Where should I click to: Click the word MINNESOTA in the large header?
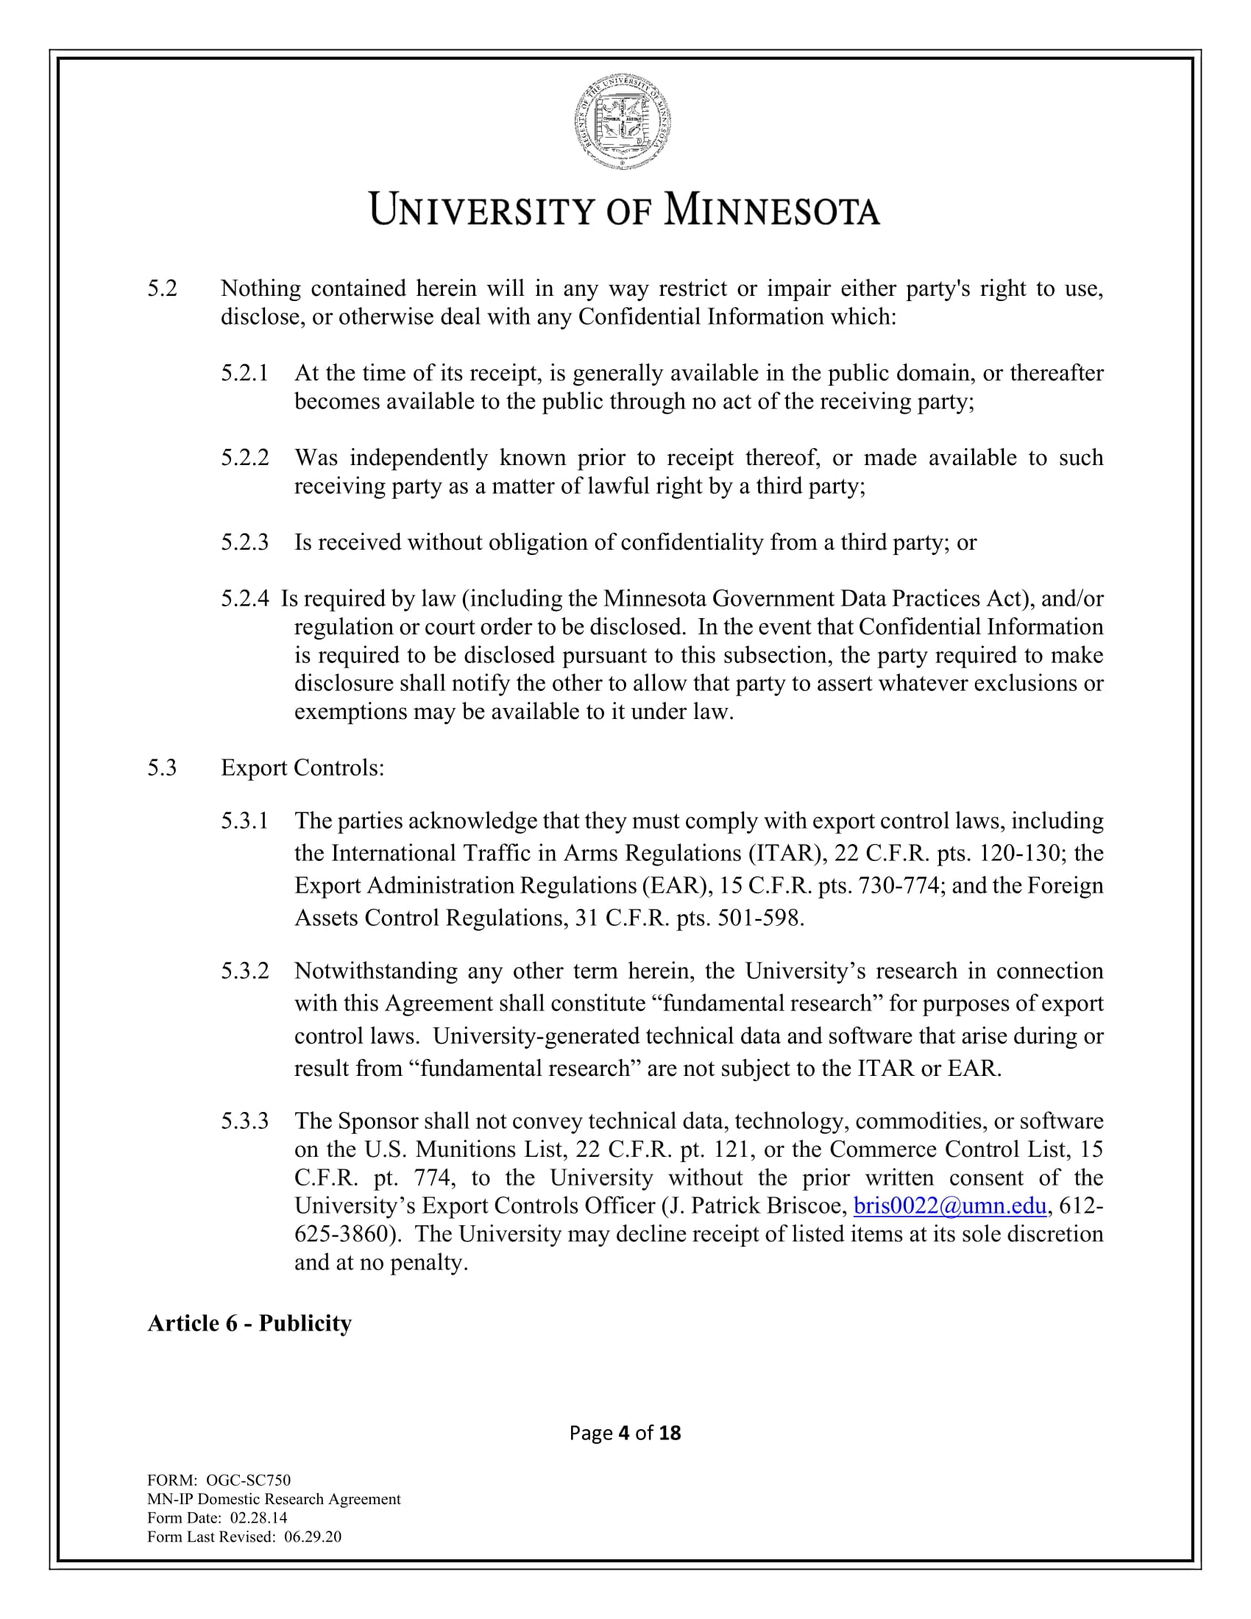pyautogui.click(x=771, y=210)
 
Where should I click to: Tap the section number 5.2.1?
pyautogui.click(x=244, y=373)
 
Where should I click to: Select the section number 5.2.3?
pyautogui.click(x=244, y=542)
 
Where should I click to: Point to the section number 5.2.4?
pyautogui.click(x=244, y=598)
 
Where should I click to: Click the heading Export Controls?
pyautogui.click(x=302, y=768)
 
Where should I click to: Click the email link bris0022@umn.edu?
pyautogui.click(x=949, y=1205)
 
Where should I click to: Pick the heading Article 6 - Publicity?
pyautogui.click(x=249, y=1323)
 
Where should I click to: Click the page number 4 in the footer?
pyautogui.click(x=623, y=1433)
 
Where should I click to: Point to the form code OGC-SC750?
pyautogui.click(x=247, y=1481)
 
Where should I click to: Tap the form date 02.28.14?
pyautogui.click(x=258, y=1517)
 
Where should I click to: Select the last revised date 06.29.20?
pyautogui.click(x=312, y=1537)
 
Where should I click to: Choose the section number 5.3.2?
pyautogui.click(x=244, y=971)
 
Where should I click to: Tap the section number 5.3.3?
pyautogui.click(x=244, y=1121)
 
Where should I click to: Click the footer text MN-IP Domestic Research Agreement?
pyautogui.click(x=274, y=1499)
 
